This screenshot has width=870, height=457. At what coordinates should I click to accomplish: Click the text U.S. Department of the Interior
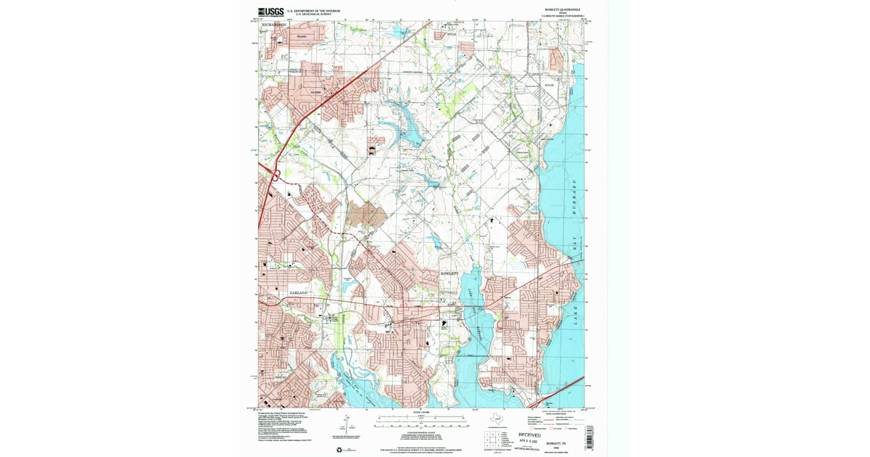coord(312,10)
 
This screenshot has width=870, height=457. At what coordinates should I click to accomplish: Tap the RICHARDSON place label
coord(274,24)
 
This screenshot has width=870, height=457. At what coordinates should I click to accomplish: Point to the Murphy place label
coord(300,36)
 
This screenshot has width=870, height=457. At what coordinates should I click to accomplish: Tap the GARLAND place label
coord(299,292)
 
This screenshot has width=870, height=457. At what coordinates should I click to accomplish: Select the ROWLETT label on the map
coord(450,273)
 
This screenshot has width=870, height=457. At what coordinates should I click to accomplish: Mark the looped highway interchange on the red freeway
coord(277,174)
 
